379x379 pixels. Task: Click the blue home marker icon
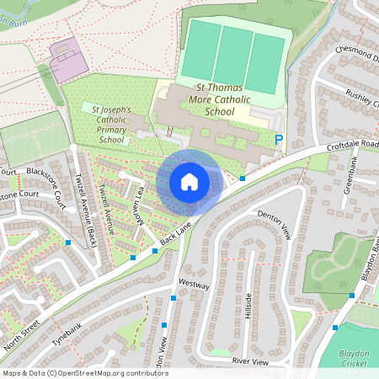click(x=189, y=182)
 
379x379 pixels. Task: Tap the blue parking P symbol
click(x=279, y=141)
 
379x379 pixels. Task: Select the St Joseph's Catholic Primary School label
click(x=113, y=124)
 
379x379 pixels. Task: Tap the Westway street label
click(x=195, y=286)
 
